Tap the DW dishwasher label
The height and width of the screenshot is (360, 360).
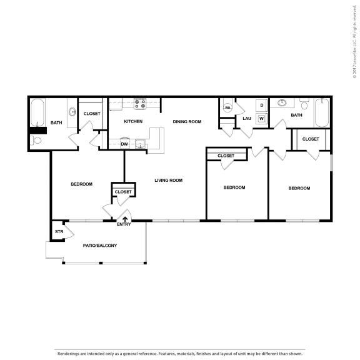coord(124,144)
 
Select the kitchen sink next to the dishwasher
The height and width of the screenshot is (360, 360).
coord(141,144)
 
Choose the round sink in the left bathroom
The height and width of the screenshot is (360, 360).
coord(72,113)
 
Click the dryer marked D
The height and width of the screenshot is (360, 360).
coord(261,104)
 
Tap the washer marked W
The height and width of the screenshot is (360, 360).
coord(261,118)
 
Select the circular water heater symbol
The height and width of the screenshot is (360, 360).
coord(227,107)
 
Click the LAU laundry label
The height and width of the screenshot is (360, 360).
coord(247,117)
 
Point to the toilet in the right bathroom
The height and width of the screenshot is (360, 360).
coord(304,102)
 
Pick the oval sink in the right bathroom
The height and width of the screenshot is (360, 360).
coord(282,102)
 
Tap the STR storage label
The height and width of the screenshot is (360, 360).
coord(59,231)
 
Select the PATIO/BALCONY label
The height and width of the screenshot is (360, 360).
coord(100,246)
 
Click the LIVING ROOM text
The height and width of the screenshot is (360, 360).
coord(168,180)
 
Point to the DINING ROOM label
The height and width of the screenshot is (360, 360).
coord(187,121)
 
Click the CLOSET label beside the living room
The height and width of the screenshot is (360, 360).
coord(123,192)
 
